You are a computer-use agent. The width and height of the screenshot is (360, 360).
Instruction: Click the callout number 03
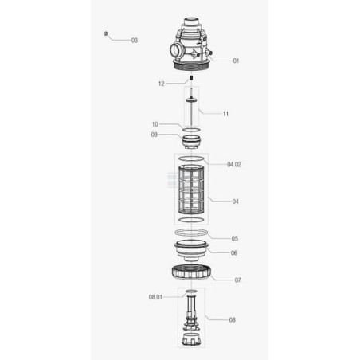coord(135,41)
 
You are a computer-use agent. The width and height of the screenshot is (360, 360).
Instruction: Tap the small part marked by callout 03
coord(105,33)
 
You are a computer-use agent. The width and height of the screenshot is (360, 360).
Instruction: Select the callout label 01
coord(236,61)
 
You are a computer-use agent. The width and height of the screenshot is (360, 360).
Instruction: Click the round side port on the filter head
coord(175,50)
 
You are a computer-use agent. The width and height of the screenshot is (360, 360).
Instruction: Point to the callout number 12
coord(162,84)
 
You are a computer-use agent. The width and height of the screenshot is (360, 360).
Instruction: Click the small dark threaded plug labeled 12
coord(191,78)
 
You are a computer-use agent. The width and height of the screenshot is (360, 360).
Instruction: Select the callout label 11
coord(225,114)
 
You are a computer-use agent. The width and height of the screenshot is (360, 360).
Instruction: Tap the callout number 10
coord(155,124)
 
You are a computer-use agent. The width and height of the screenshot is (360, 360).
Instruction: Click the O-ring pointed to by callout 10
coord(191,130)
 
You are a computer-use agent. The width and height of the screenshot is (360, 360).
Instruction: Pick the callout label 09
coord(154,135)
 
